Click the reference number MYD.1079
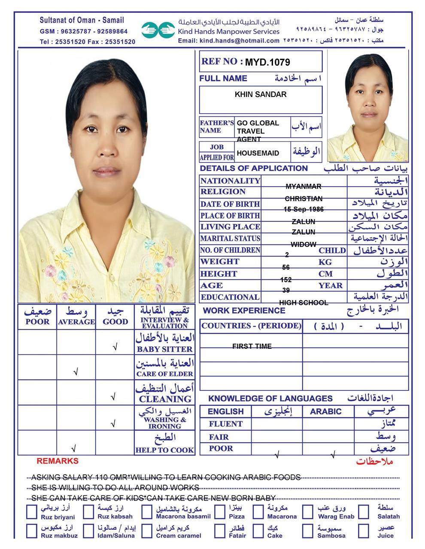(267, 63)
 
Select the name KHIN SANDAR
(260, 94)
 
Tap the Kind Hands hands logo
(158, 30)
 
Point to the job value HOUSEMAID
(258, 153)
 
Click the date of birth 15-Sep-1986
(304, 209)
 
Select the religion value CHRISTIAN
(304, 199)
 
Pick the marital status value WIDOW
(304, 244)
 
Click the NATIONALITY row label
(230, 181)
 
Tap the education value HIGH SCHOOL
(304, 303)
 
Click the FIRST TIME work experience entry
(252, 346)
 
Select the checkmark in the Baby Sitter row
(115, 347)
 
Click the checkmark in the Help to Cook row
(73, 449)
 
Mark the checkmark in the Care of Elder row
(76, 372)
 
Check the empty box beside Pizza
(220, 512)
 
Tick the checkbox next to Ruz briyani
(32, 512)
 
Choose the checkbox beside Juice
(364, 531)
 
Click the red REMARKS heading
(58, 461)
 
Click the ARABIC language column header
(326, 412)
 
